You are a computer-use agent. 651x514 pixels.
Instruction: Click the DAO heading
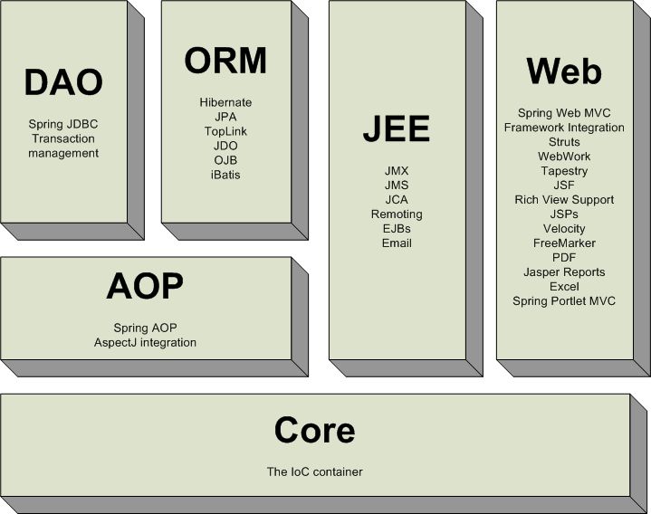62,83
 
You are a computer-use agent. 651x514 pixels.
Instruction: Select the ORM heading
225,61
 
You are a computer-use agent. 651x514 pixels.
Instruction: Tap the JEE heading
397,129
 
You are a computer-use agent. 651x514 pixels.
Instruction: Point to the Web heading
564,71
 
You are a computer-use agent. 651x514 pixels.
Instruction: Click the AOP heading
145,287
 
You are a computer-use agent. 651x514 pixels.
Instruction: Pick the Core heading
315,430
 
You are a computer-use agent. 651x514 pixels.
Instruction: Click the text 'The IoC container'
315,471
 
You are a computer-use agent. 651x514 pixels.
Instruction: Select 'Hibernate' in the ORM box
225,102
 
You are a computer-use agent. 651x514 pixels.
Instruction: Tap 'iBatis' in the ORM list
225,175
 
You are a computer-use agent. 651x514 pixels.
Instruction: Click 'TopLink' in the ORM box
225,131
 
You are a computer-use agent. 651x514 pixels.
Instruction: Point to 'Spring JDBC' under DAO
63,124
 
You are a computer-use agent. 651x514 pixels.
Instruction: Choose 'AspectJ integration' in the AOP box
145,342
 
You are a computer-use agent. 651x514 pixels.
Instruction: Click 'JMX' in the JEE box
397,170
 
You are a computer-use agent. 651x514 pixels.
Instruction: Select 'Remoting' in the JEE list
397,214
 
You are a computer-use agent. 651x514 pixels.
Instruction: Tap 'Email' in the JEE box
397,243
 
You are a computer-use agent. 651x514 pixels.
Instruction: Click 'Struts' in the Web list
564,142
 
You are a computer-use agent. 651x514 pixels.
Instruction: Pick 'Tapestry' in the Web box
564,171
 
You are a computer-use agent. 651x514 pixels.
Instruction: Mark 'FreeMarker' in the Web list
564,243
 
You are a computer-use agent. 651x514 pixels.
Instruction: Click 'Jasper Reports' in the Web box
564,271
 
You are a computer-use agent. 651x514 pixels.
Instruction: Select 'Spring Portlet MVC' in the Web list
564,300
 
